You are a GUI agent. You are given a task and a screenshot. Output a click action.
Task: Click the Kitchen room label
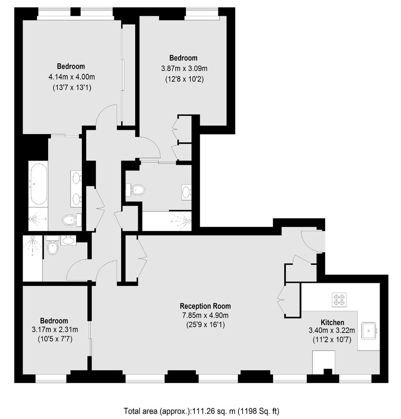(x=332, y=322)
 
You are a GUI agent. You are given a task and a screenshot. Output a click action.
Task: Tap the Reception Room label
(x=205, y=306)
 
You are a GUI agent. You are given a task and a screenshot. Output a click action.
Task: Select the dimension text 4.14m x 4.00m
(x=72, y=77)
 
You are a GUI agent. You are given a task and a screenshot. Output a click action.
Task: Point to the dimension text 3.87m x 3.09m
(x=184, y=68)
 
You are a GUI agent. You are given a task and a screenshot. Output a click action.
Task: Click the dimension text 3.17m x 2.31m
(x=55, y=329)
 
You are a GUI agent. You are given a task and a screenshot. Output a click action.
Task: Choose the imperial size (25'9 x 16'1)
(x=205, y=325)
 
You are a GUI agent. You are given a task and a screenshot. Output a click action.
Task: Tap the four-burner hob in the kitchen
(x=339, y=300)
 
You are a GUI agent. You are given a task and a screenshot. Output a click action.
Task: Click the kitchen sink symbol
(x=369, y=331)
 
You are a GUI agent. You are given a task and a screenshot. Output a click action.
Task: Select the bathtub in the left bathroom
(x=39, y=184)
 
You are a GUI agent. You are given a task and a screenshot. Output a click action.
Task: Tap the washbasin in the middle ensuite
(x=186, y=192)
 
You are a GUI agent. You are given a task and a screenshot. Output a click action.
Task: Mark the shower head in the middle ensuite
(x=189, y=221)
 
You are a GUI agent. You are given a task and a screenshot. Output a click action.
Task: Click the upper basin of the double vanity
(x=76, y=178)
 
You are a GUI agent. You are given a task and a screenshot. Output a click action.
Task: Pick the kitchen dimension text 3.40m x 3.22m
(x=332, y=331)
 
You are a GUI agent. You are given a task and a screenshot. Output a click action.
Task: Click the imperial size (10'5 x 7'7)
(x=55, y=339)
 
